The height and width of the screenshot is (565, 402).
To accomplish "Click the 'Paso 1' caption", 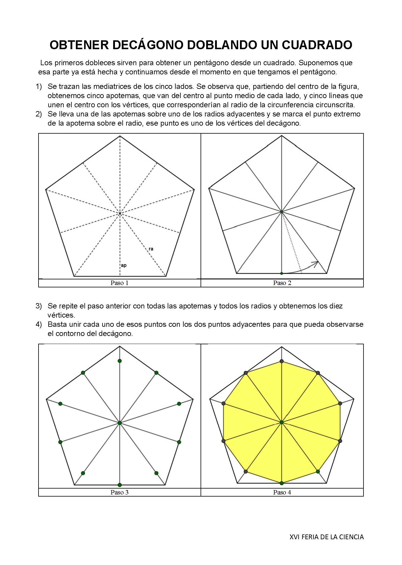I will tap(119, 283).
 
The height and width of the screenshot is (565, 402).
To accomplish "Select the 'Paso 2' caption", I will tap(282, 283).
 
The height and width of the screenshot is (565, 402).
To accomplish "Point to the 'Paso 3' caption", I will tap(119, 492).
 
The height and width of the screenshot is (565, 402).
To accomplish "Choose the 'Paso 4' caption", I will tap(282, 492).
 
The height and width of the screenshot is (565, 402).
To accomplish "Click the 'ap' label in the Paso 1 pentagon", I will tap(124, 265).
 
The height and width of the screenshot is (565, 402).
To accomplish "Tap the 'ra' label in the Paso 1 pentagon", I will tap(151, 249).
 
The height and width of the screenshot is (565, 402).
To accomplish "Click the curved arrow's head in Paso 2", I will tap(317, 262).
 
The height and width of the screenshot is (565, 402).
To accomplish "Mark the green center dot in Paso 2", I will tap(282, 212).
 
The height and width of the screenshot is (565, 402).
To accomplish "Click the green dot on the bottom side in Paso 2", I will tap(281, 273).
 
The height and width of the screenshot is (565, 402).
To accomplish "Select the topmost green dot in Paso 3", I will tap(120, 361).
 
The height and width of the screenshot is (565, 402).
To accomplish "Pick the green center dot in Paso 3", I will tap(120, 423).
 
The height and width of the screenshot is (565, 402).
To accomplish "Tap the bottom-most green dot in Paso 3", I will tap(120, 485).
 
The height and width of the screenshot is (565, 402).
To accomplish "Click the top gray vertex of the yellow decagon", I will tap(282, 361).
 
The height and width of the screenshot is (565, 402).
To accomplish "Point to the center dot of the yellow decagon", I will tap(282, 422).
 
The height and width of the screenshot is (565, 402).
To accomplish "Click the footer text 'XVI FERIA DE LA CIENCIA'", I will tap(326, 537).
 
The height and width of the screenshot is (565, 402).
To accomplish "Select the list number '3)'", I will tap(39, 306).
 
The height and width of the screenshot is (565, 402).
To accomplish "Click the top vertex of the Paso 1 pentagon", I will tap(120, 136).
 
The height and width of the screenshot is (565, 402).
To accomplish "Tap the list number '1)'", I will tap(39, 87).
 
